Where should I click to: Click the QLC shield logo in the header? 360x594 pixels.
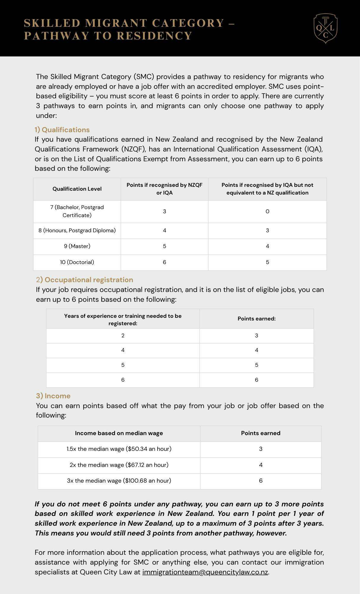coord(326,29)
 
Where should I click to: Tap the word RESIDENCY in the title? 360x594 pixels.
coord(155,36)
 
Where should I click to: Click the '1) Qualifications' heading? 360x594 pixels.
coord(62,130)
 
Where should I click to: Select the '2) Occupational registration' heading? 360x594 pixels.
coord(85,280)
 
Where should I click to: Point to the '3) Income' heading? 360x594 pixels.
coord(53,396)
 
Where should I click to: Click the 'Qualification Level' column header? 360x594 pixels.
coord(77,189)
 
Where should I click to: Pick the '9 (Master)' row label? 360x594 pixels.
coord(77,246)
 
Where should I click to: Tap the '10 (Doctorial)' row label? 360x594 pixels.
coord(77,262)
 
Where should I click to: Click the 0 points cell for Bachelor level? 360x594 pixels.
coord(267,211)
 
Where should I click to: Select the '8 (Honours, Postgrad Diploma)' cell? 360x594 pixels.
coord(77,230)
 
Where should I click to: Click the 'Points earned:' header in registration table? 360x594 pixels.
coord(256,319)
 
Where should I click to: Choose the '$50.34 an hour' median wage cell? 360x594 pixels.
coord(119,449)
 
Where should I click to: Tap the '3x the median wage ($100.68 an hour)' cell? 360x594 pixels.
coord(119,481)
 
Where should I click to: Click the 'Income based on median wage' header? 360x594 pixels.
coord(119,433)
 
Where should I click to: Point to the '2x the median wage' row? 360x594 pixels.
coord(119,465)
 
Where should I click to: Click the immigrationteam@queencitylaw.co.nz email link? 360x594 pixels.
coord(205,572)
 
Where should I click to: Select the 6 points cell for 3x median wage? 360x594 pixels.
coord(261,481)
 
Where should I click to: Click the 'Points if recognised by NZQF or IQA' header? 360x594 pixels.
coord(164,189)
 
